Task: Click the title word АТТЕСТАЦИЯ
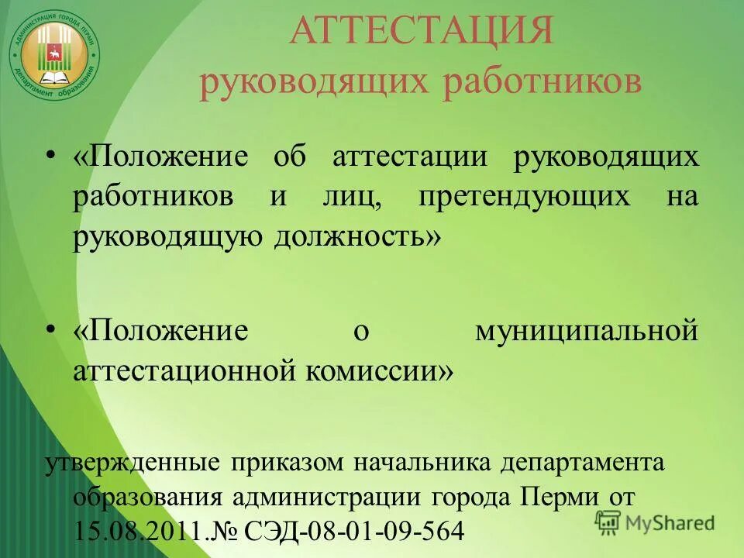click(422, 33)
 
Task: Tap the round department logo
click(54, 53)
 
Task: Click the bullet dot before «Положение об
click(51, 157)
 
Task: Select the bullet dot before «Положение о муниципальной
click(51, 332)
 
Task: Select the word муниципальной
click(587, 332)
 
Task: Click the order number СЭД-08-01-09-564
click(354, 531)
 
